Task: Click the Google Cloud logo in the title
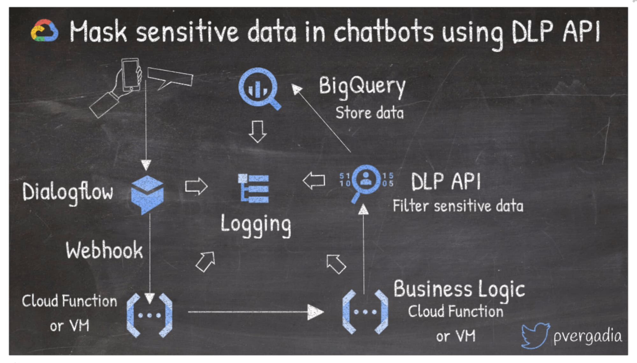tap(45, 31)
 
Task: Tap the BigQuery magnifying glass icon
tap(260, 89)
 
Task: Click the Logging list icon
tap(254, 188)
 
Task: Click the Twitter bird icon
tap(535, 336)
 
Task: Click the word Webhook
tap(104, 250)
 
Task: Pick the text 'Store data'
tap(369, 113)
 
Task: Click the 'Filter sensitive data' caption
tap(458, 206)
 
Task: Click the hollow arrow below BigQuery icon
tap(257, 131)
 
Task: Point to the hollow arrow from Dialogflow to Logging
tap(196, 186)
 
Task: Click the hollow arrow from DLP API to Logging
tap(314, 181)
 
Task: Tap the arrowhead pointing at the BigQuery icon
tap(296, 89)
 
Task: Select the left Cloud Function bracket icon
tap(149, 315)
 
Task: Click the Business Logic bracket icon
tap(365, 312)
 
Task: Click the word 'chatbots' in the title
tap(383, 32)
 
